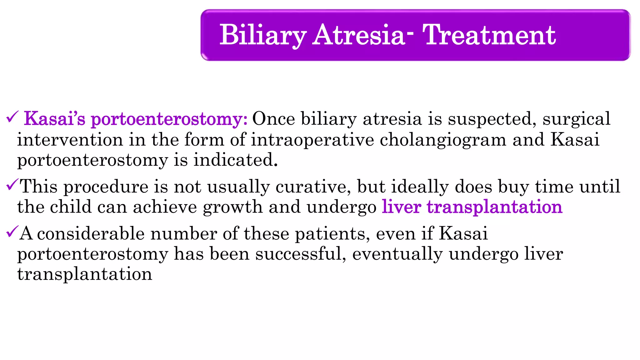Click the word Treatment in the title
(x=489, y=35)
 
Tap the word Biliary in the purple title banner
(x=263, y=36)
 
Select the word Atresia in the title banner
(x=359, y=35)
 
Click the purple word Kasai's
(x=55, y=119)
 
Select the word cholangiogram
(x=443, y=140)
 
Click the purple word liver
(x=401, y=207)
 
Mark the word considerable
(x=91, y=234)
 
